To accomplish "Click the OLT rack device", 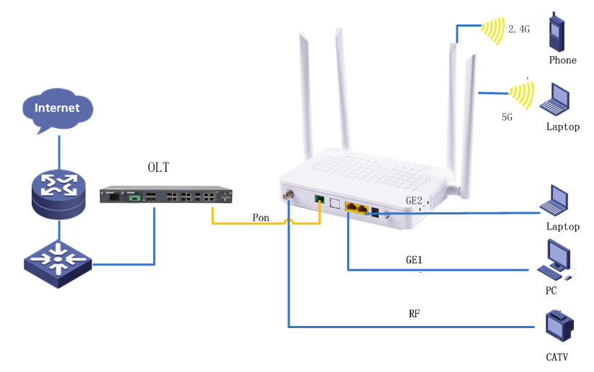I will click(166, 196).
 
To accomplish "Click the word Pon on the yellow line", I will click(261, 217).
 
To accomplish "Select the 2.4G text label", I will click(519, 30).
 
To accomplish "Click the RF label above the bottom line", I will click(414, 314).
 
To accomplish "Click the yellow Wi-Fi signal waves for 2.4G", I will click(493, 30).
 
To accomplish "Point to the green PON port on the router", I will click(319, 200).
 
